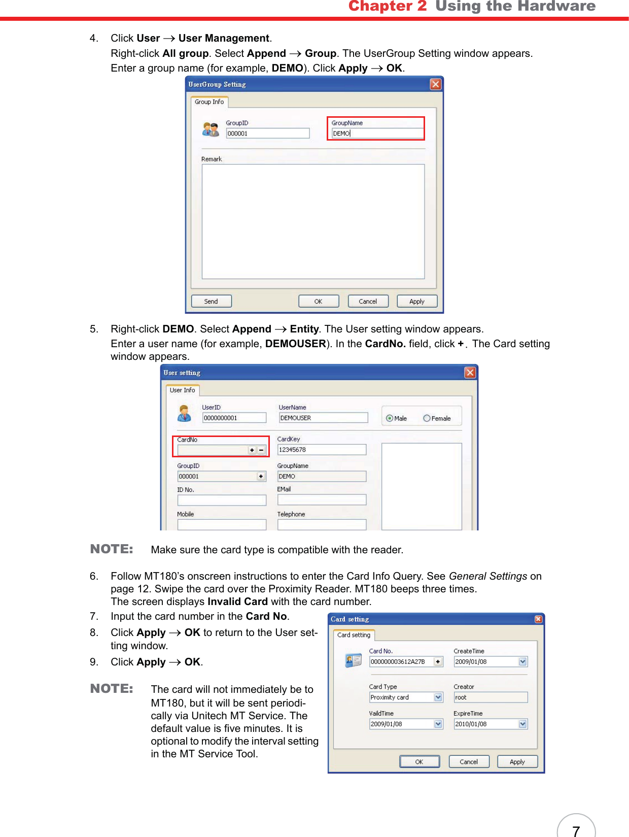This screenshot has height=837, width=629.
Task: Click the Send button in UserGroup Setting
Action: [211, 302]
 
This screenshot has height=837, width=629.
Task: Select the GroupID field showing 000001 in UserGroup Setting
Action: [267, 133]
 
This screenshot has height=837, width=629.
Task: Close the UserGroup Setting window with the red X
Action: [435, 84]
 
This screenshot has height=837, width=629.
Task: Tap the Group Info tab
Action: [209, 102]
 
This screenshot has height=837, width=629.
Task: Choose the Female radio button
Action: [427, 418]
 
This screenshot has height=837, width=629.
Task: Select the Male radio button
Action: [389, 418]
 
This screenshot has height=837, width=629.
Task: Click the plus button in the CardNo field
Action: [252, 450]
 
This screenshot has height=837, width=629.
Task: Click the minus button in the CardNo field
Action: [261, 450]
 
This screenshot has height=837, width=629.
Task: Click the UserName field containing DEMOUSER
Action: [323, 418]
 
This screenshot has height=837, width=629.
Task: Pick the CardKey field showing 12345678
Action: [322, 450]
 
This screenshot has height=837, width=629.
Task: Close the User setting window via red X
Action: [470, 373]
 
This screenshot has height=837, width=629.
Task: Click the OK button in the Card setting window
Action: [419, 762]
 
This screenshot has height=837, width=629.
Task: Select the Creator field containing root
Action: [490, 697]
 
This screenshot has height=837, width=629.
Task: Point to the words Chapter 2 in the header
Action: [388, 6]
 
